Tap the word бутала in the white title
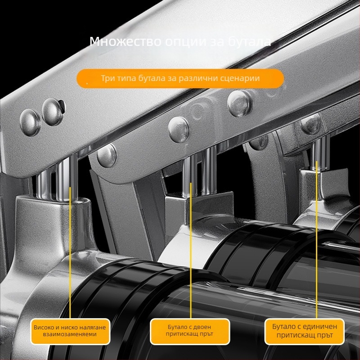(250, 42)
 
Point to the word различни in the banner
(198, 78)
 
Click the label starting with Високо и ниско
(70, 331)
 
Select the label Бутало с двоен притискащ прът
(189, 330)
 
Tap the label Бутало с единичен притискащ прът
(305, 331)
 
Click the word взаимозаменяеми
(70, 334)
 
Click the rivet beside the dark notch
(53, 112)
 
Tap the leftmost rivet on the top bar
(30, 122)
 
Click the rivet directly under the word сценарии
(239, 103)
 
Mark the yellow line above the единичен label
(316, 239)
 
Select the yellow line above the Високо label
(70, 252)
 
